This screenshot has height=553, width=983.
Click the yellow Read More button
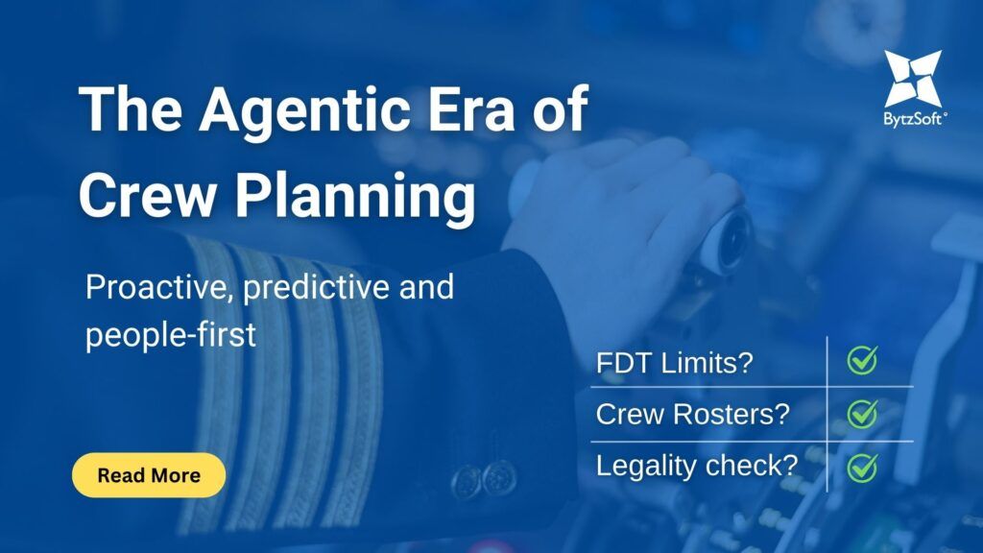149,474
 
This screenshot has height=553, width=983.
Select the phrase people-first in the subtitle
171,336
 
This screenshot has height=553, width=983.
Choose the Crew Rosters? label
692,414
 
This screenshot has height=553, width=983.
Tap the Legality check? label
697,465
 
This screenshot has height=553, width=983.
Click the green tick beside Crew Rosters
862,414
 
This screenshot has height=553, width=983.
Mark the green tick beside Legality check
862,466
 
